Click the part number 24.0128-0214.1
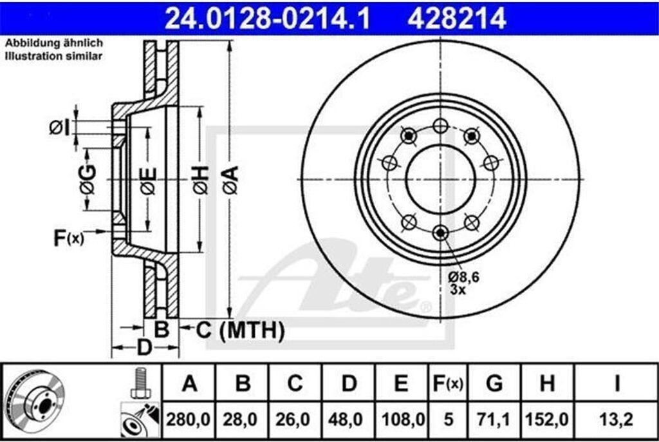[267, 18]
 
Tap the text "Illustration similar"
[53, 56]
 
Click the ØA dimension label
[231, 180]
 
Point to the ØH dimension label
[201, 180]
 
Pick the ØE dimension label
[149, 181]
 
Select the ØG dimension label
[88, 180]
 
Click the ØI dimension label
[59, 128]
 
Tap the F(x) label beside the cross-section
[68, 238]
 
